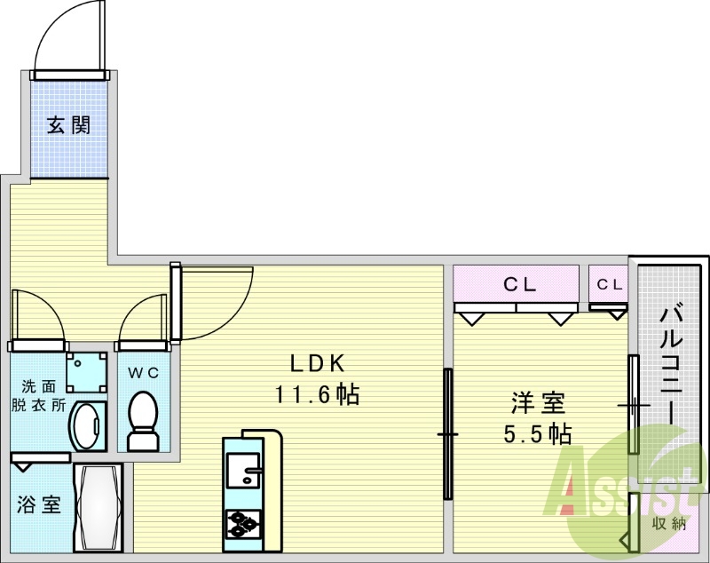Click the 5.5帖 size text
538,434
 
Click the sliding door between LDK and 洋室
448,435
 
